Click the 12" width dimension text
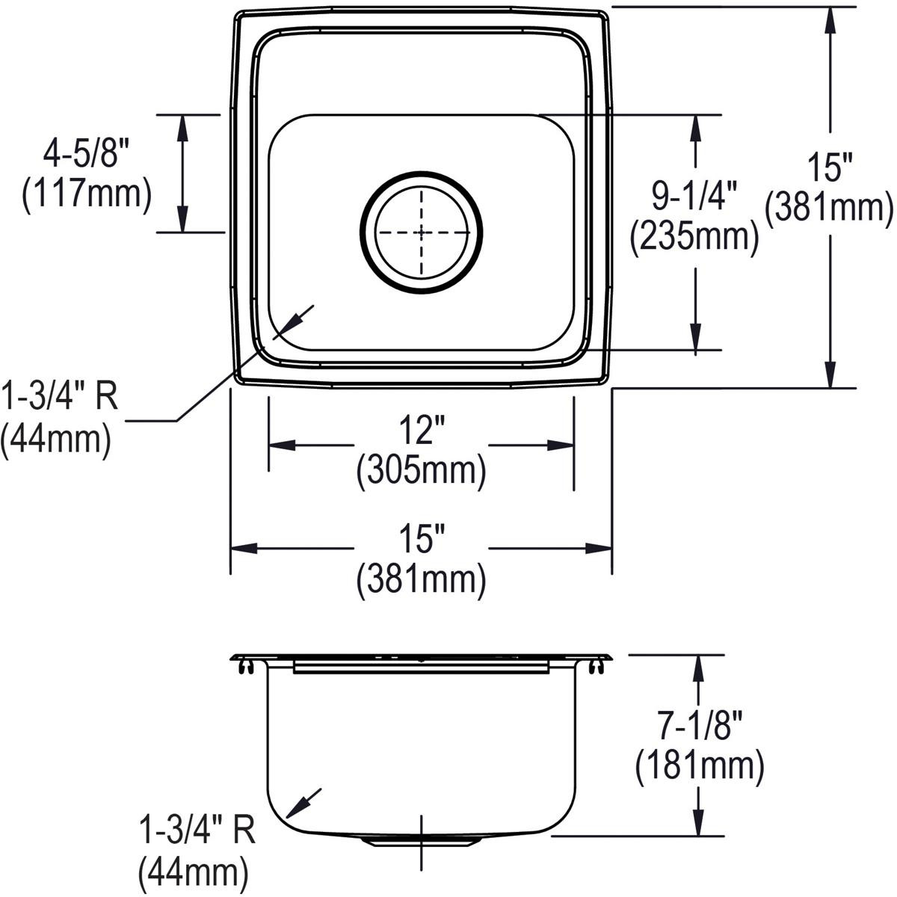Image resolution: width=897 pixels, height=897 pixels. (421, 431)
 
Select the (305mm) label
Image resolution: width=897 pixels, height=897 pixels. (421, 471)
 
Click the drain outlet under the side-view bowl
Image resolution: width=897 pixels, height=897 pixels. (421, 842)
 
